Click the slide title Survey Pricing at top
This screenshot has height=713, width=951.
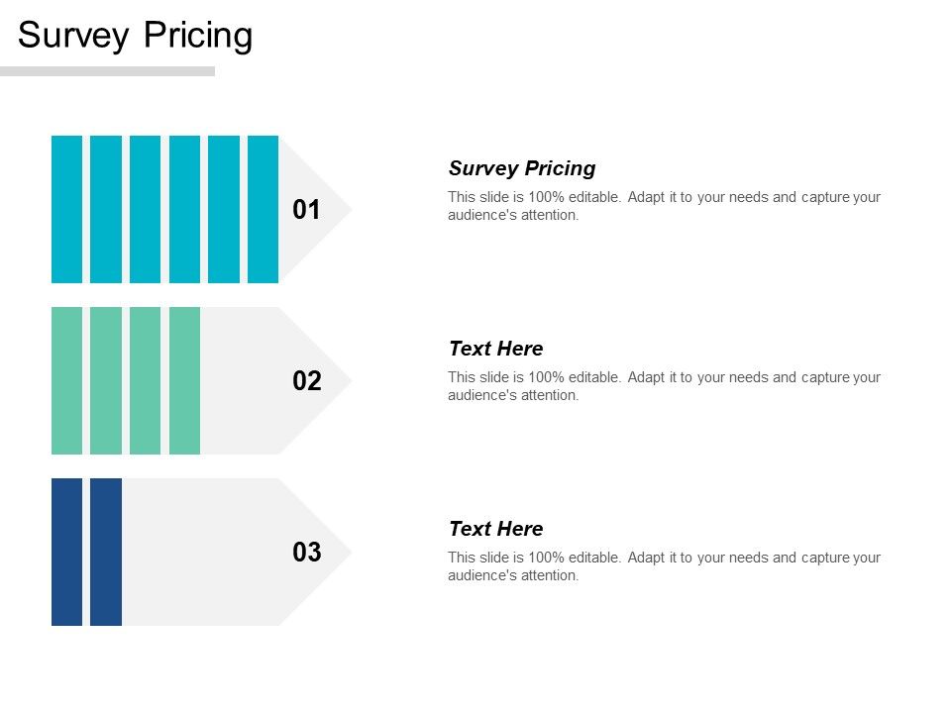click(x=136, y=36)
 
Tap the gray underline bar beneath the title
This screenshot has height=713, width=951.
click(x=107, y=71)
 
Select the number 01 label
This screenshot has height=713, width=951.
click(x=307, y=210)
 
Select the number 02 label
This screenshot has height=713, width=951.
click(x=307, y=381)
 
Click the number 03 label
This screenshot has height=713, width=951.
click(x=307, y=553)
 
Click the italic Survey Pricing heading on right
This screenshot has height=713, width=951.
click(x=522, y=168)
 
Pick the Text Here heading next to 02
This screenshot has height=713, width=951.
click(x=495, y=349)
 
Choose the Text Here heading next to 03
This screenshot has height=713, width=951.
click(x=495, y=529)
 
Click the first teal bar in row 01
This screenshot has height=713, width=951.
click(x=66, y=209)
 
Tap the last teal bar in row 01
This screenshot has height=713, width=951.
click(x=263, y=209)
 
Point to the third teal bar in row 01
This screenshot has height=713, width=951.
click(x=145, y=209)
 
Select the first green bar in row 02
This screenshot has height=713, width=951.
click(x=66, y=380)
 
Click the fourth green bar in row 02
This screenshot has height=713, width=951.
click(x=184, y=380)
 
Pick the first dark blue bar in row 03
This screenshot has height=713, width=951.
click(x=66, y=552)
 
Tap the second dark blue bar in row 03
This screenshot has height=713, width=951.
click(x=106, y=552)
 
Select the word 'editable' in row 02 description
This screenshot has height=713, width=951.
click(x=596, y=377)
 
